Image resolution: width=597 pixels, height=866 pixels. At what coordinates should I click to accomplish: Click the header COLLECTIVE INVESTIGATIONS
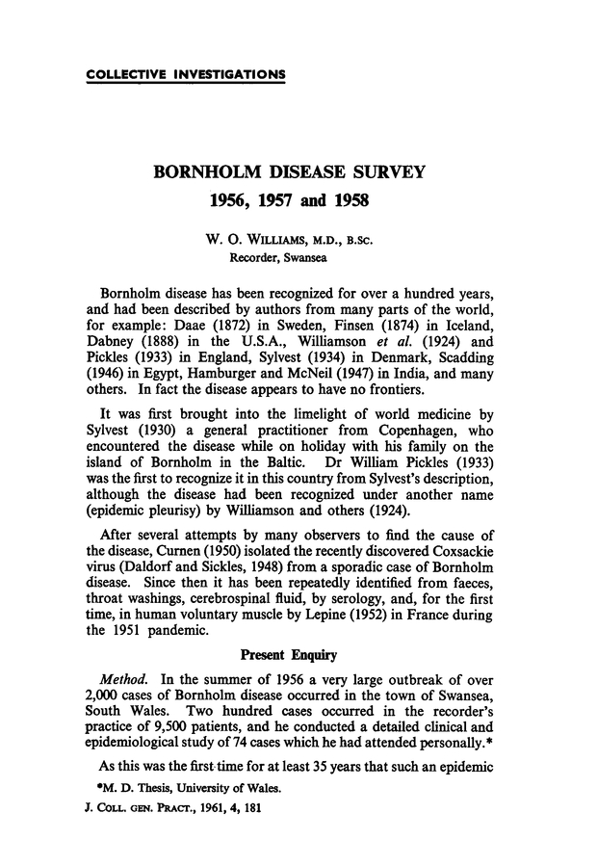[186, 74]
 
